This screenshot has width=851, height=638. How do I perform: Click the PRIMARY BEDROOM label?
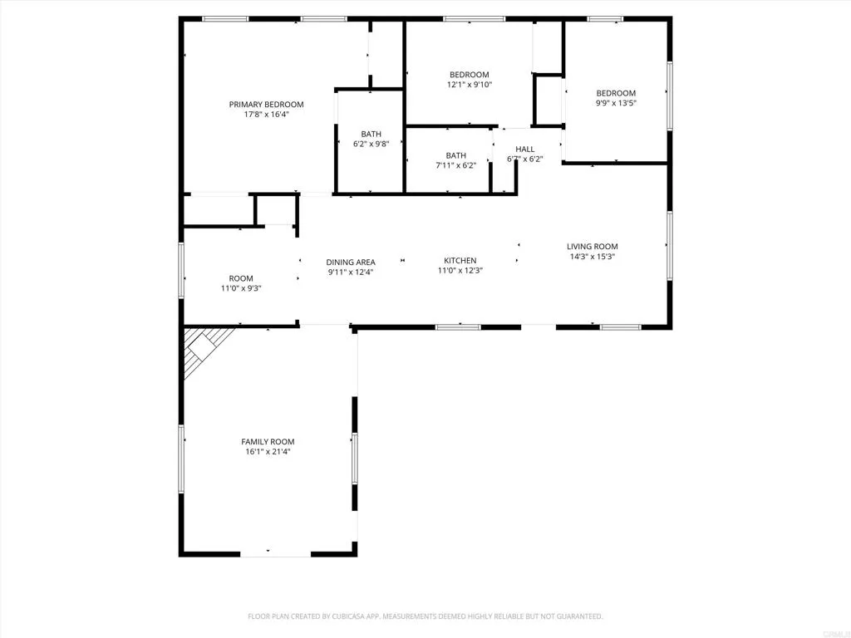266,105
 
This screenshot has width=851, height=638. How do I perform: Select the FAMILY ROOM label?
268,442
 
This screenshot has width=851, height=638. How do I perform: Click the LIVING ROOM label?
592,247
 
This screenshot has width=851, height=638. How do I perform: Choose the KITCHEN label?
460,261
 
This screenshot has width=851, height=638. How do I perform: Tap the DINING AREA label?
350,263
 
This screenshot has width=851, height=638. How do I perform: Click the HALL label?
524,150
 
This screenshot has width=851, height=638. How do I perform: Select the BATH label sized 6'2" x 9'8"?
371,135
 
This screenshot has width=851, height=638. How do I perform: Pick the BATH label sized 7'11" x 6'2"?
455,155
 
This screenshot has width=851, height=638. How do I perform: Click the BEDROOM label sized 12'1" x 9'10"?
469,75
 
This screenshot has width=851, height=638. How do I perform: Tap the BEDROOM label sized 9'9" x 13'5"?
615,93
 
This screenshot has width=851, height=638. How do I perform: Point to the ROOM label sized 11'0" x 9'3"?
241,279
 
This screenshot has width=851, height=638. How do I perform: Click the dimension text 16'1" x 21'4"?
268,452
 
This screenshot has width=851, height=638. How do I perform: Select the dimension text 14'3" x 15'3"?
592,257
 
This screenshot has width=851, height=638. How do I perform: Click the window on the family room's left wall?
181,458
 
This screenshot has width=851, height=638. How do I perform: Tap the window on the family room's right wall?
354,458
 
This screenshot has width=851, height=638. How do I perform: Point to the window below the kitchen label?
458,326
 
